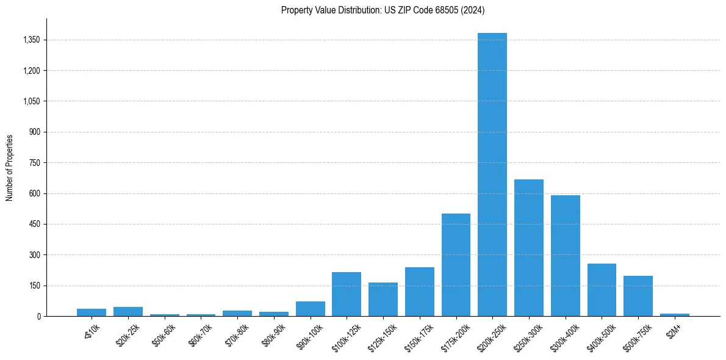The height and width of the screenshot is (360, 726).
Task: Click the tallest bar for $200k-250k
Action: coord(492,175)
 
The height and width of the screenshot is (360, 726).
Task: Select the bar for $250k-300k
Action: coord(529,248)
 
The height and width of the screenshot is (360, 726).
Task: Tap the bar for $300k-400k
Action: coord(565,256)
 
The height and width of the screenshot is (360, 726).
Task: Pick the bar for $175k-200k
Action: coord(456,265)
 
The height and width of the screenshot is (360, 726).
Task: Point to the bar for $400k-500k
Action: coord(602,290)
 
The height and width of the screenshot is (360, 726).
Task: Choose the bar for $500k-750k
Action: coord(638,296)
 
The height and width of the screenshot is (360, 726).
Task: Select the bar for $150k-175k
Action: coord(420,292)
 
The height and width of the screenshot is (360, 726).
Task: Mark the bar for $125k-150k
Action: coord(383,299)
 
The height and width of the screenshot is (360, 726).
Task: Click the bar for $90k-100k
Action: coord(311,309)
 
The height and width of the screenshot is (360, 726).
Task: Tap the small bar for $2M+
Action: coord(675,315)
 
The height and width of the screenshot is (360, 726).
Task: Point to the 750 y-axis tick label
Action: coord(35,163)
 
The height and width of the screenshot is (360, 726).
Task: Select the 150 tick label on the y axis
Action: coord(35,286)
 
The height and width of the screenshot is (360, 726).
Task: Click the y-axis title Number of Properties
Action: coord(10,167)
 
